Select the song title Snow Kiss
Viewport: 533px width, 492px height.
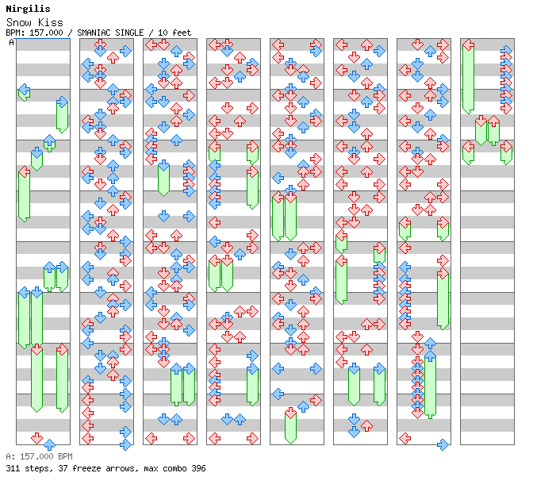coord(34,22)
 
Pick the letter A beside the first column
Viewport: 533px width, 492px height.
coord(11,42)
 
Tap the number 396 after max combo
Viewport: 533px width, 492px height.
coord(197,468)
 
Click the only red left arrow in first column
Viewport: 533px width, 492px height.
coord(24,171)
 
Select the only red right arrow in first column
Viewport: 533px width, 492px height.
coord(62,349)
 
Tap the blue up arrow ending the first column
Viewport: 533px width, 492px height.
coord(49,444)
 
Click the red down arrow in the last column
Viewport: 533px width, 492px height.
coord(481,121)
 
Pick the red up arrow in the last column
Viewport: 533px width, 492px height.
coord(493,121)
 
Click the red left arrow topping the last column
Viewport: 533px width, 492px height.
coord(468,44)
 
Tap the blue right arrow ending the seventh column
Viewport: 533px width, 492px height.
coord(443,444)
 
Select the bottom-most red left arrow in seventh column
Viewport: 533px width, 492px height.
coord(405,438)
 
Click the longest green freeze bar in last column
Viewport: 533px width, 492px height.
coord(468,79)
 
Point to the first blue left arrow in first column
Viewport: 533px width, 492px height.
coord(24,89)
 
